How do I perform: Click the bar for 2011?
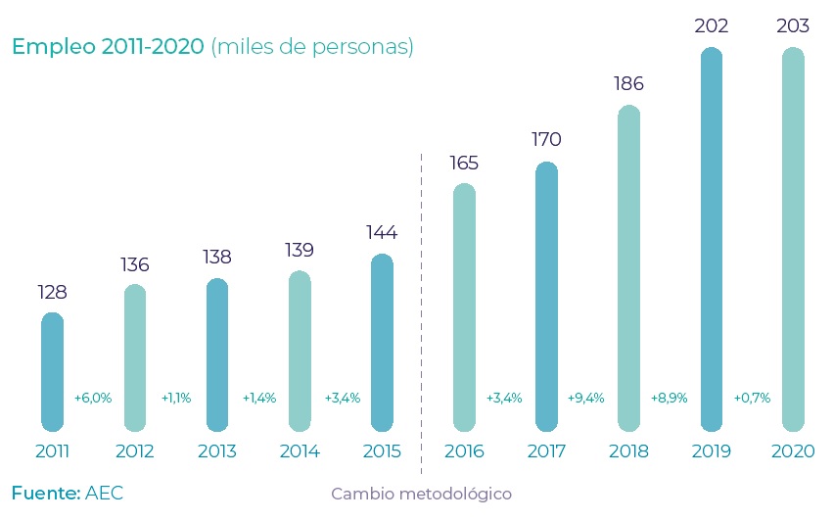[52, 372]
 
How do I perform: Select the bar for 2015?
[382, 343]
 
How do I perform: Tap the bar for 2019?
[712, 240]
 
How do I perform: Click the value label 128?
[52, 292]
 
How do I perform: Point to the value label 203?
[793, 26]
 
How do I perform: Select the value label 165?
[464, 162]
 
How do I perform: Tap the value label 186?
[628, 84]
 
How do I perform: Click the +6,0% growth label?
[93, 399]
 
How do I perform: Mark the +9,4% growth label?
[585, 399]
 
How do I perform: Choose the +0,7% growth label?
[752, 399]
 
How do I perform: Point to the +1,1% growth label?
[175, 399]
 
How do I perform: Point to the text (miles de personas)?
[312, 47]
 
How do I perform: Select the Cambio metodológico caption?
[421, 494]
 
